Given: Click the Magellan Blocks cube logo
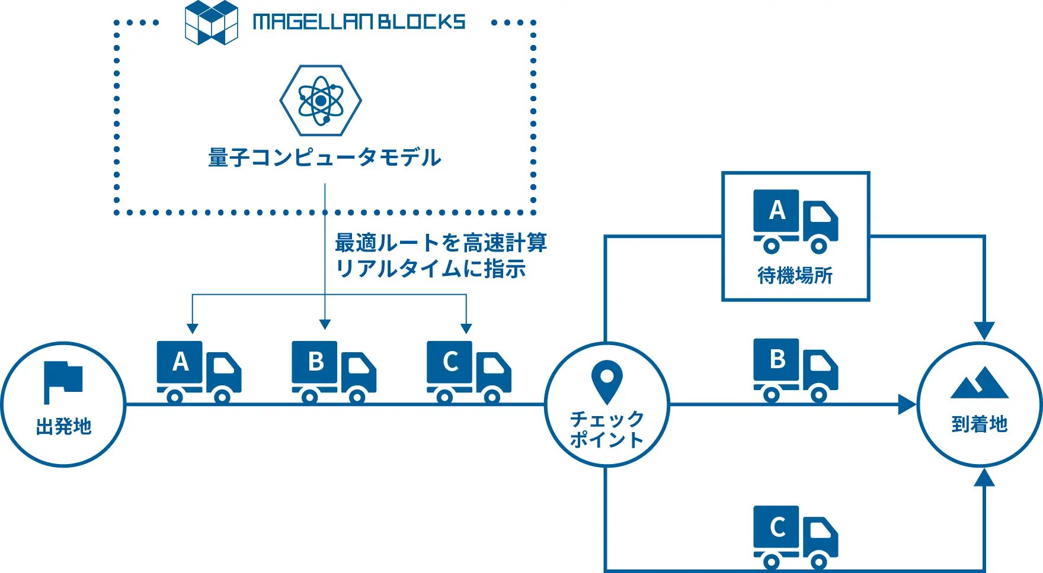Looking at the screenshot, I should click(211, 22).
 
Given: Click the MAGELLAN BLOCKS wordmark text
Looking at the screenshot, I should click(359, 22).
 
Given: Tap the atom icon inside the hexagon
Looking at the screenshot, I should click(321, 101).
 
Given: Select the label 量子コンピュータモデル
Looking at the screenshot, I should click(324, 157).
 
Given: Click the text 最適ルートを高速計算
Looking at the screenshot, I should click(440, 243).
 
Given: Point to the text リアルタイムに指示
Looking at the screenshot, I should click(430, 269).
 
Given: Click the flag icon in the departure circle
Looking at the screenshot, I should click(63, 381).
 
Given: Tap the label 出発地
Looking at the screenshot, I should click(63, 426).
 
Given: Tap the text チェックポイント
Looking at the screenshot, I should click(607, 429).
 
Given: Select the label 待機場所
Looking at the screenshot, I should click(795, 275).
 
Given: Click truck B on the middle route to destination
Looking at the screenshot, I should click(795, 370).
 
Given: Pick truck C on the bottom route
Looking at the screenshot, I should click(795, 536).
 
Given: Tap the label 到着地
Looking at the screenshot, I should click(979, 424).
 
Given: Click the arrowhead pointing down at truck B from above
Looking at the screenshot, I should click(325, 324).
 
